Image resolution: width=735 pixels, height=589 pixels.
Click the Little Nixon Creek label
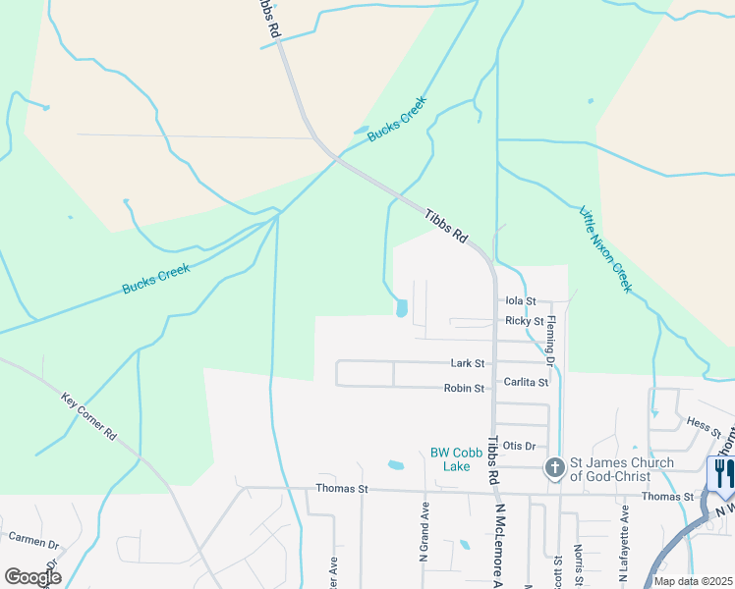click(x=604, y=249)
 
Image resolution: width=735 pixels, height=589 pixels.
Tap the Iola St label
click(x=520, y=301)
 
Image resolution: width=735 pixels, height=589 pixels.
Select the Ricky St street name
click(x=525, y=321)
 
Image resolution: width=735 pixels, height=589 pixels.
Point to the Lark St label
click(x=468, y=363)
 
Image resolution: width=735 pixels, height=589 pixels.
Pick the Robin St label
click(x=464, y=389)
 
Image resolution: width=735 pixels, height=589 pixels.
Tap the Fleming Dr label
click(x=551, y=341)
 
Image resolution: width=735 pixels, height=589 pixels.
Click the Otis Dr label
click(x=518, y=446)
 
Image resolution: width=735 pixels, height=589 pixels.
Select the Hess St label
click(x=705, y=425)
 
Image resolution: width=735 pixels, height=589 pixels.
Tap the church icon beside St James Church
click(x=554, y=469)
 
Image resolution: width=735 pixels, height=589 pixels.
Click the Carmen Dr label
click(x=33, y=541)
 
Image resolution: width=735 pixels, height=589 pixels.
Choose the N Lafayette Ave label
click(x=624, y=539)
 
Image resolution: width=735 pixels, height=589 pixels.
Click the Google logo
click(x=32, y=576)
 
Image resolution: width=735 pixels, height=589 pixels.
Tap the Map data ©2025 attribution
click(x=693, y=581)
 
